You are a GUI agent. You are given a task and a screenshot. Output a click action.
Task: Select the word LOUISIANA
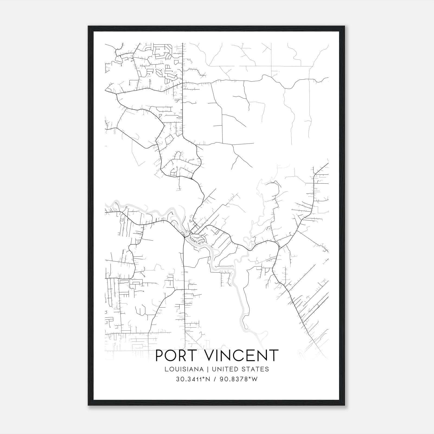click(184, 369)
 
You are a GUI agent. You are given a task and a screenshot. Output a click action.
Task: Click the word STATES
click(256, 369)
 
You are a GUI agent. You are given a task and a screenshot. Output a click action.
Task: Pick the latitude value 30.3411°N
click(193, 379)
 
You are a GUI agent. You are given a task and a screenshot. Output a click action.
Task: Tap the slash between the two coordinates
click(214, 379)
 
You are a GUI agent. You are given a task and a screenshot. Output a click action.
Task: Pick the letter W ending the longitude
click(254, 379)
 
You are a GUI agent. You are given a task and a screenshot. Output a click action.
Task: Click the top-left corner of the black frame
click(88, 26)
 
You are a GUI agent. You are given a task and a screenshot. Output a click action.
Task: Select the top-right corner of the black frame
click(344, 26)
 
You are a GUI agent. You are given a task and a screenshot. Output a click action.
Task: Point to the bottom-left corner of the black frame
click(88, 405)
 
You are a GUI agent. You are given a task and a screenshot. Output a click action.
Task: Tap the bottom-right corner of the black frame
click(344, 405)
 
